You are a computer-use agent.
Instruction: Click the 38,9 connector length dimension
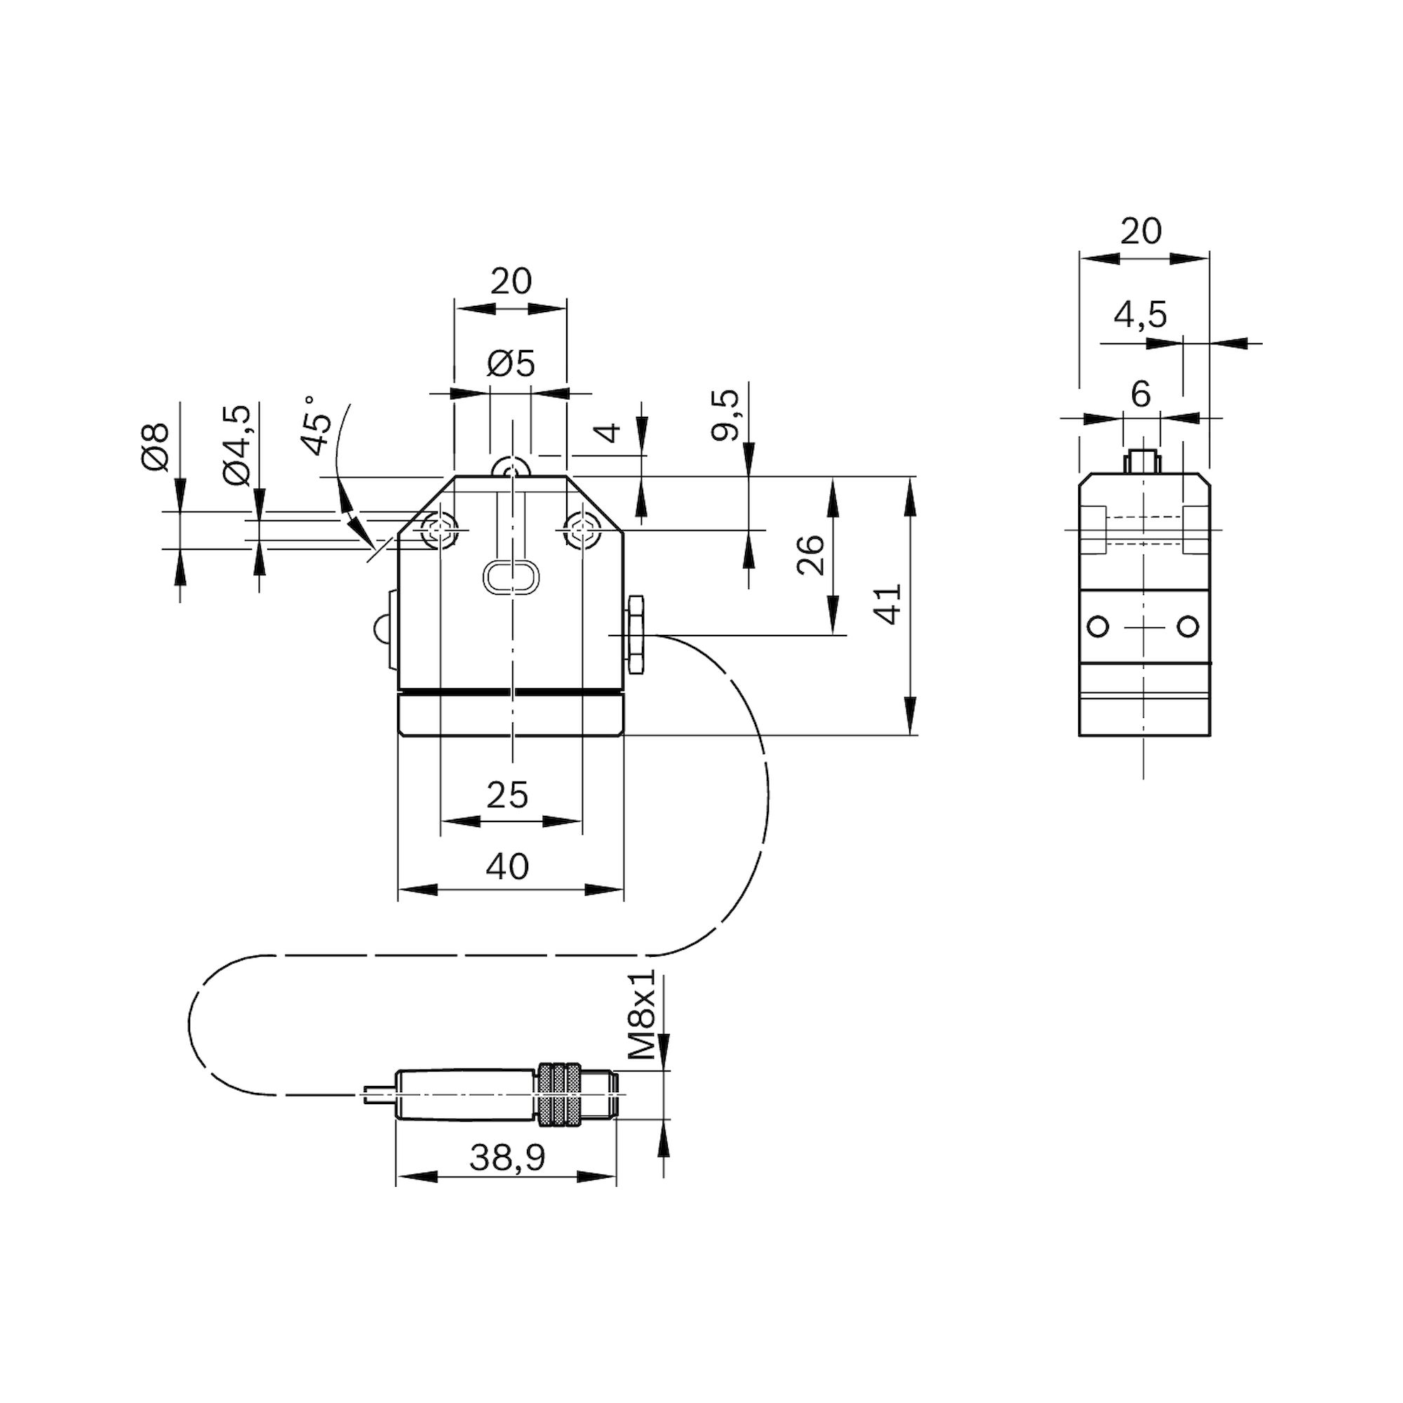(506, 1179)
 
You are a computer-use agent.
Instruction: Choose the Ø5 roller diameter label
(511, 363)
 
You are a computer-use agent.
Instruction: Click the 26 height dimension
(811, 556)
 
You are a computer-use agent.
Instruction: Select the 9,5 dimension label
(725, 415)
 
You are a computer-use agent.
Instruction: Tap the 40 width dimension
(508, 866)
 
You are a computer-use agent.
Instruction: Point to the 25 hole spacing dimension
(507, 796)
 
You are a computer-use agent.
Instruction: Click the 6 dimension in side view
(1141, 394)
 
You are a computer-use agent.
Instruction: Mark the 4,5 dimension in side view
(1140, 315)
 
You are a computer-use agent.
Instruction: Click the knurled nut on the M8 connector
(560, 1095)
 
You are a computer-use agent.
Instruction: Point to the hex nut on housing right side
(636, 634)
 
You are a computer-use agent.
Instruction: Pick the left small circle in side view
(1097, 626)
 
